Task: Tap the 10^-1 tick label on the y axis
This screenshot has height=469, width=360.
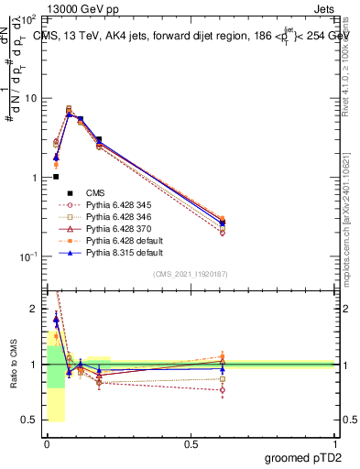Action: coord(30,256)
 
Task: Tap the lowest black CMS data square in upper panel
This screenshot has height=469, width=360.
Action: coord(56,177)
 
